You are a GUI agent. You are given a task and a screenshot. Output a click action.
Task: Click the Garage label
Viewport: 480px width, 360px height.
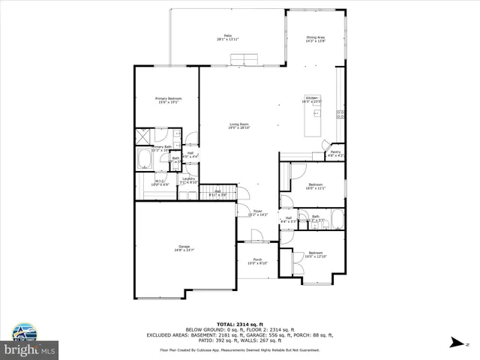[x=184, y=248]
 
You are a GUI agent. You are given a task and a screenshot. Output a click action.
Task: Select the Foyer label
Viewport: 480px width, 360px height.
[x=257, y=213]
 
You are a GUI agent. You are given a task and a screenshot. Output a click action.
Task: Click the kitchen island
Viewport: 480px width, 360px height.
[x=310, y=119]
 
